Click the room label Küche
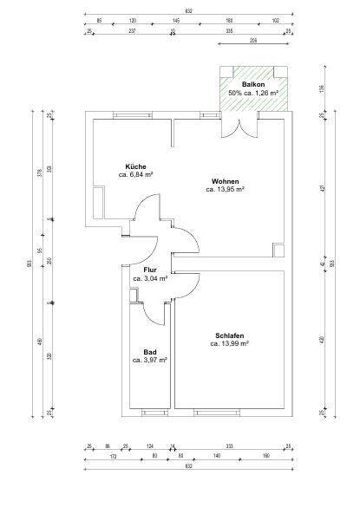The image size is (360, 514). click(134, 166)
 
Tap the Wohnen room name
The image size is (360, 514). click(225, 180)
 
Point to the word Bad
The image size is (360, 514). click(149, 351)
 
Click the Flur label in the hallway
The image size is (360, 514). click(150, 270)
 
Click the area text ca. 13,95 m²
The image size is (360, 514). click(225, 189)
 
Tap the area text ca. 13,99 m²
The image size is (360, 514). click(229, 343)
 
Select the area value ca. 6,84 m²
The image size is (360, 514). click(135, 174)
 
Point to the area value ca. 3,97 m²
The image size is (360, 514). click(149, 360)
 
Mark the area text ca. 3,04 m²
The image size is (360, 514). click(150, 278)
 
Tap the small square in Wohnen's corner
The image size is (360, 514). click(277, 250)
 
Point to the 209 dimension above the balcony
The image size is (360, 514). click(254, 41)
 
